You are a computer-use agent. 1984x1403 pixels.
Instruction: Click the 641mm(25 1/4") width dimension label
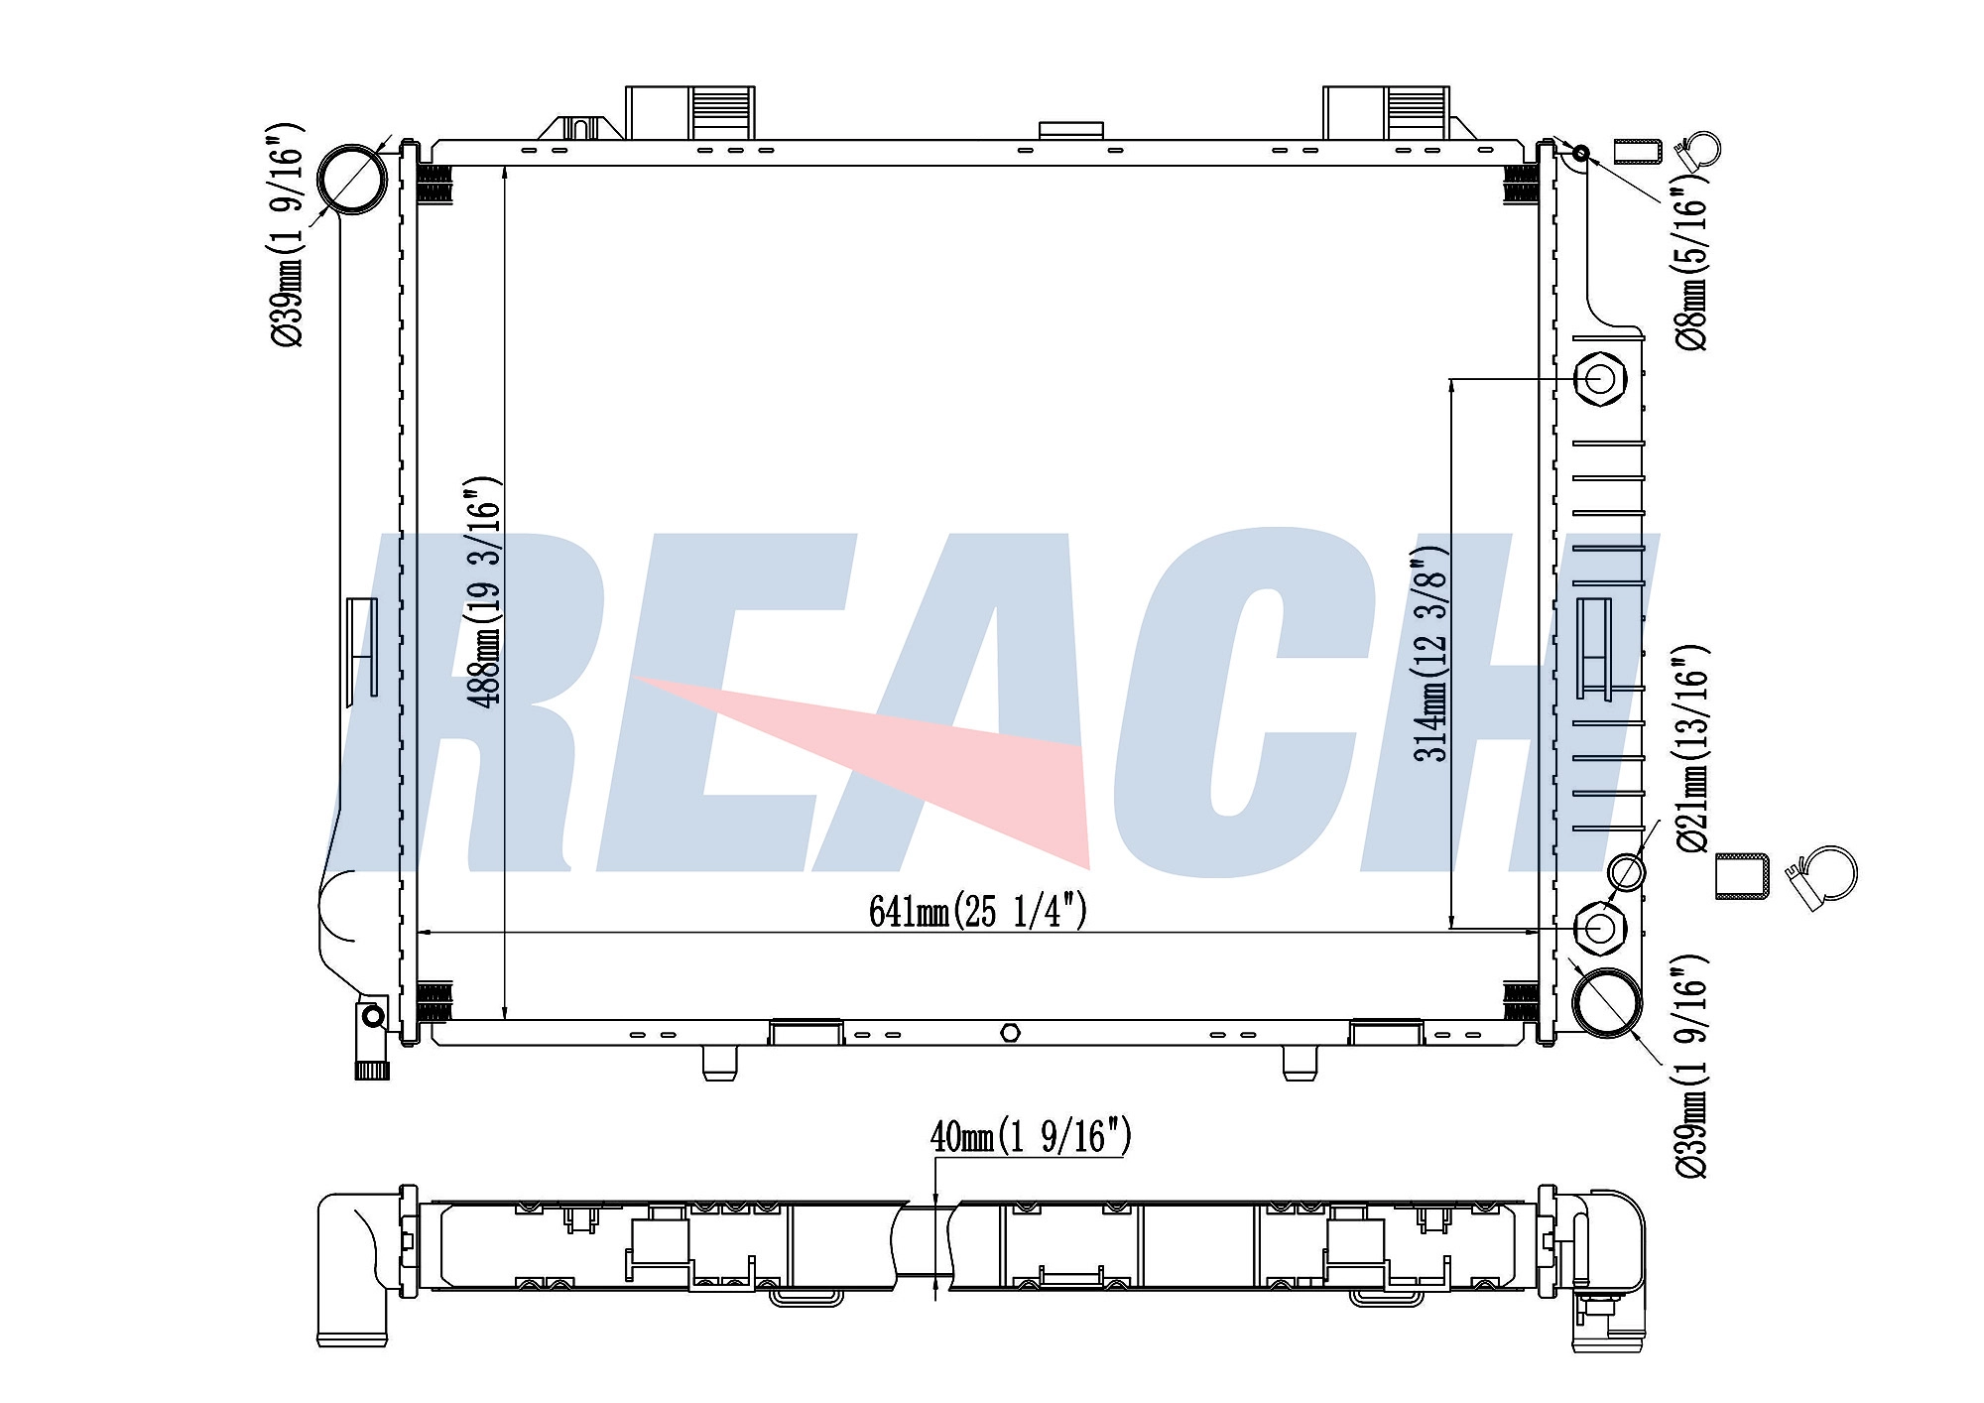click(978, 910)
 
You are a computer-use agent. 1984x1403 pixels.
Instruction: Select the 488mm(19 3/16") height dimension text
click(484, 592)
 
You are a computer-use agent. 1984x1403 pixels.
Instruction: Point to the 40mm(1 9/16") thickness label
click(1031, 1136)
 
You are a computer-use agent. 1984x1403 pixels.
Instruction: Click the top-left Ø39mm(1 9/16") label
click(287, 234)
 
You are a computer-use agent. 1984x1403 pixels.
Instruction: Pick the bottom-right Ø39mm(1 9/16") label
click(1692, 1066)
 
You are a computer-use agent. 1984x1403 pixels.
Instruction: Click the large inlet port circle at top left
click(351, 179)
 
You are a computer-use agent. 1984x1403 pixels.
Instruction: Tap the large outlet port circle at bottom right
click(1608, 1003)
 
